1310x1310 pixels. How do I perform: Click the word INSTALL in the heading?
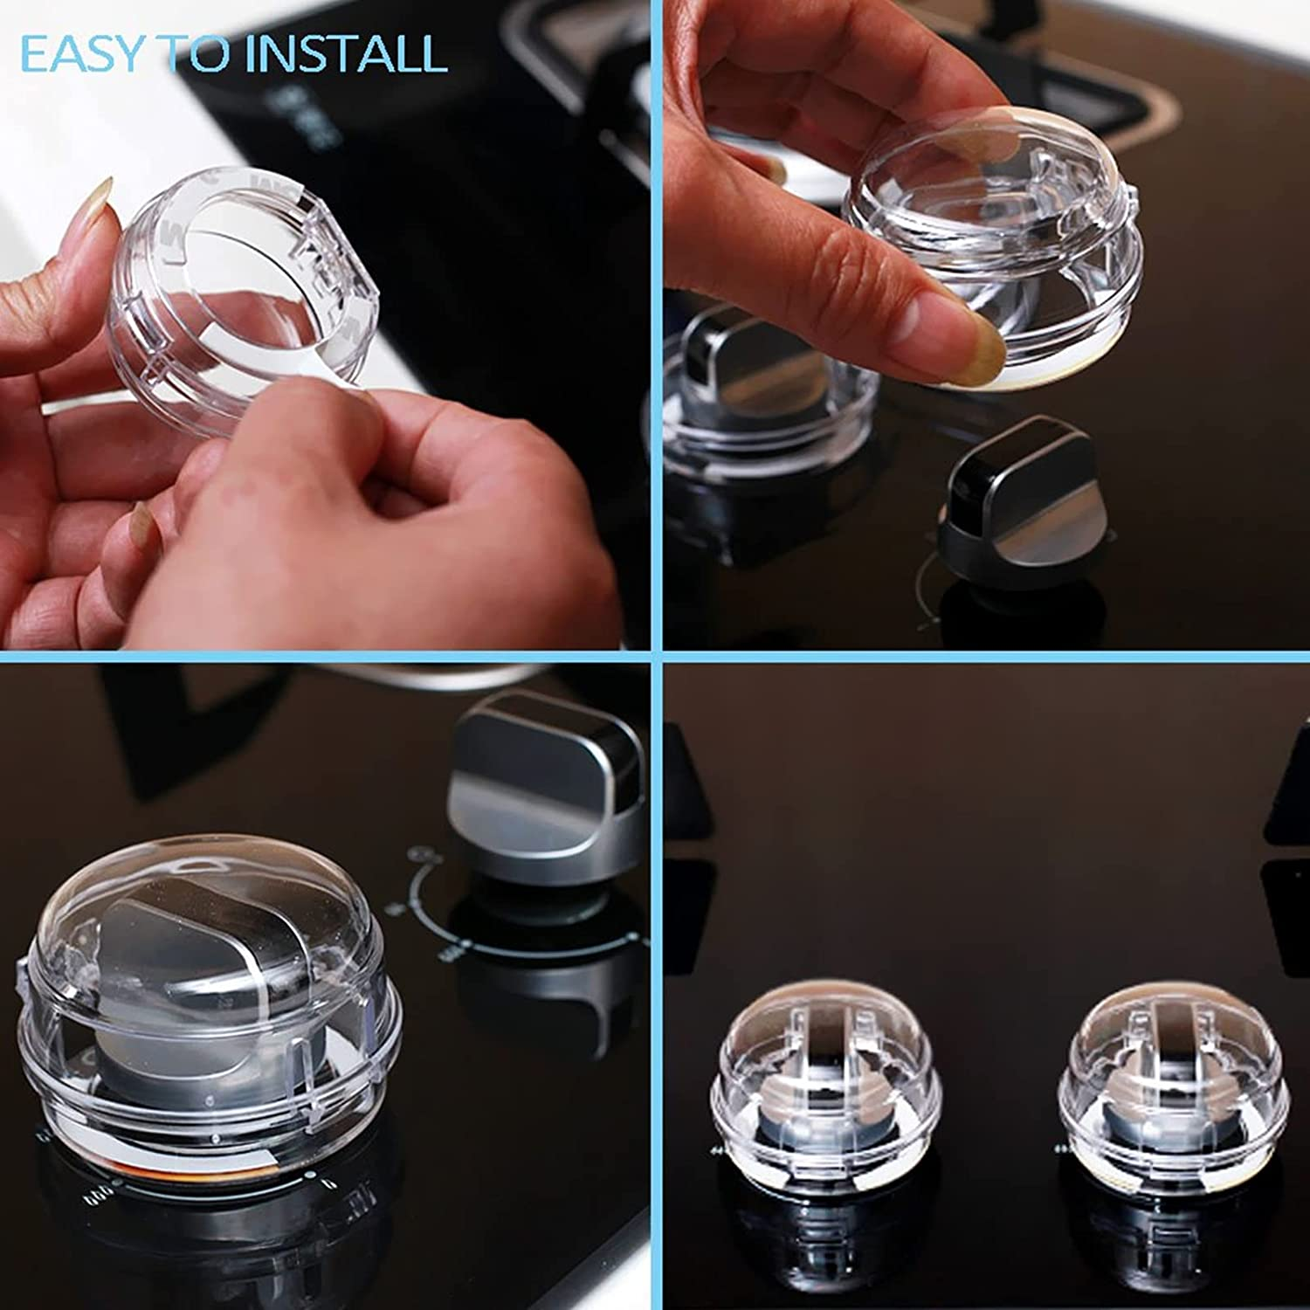(347, 53)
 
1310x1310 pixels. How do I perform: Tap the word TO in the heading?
(197, 53)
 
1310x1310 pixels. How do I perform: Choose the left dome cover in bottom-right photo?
(825, 1079)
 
